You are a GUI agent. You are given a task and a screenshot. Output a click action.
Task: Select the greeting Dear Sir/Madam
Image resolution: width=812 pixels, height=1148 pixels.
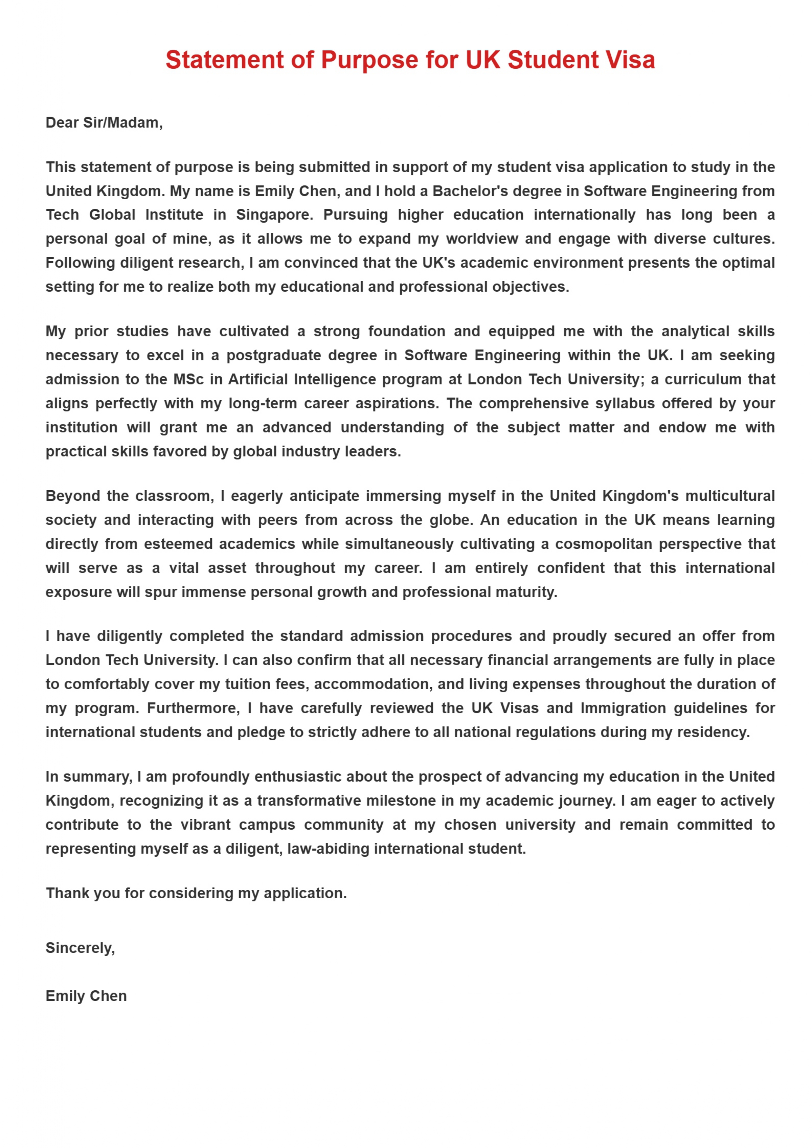(104, 122)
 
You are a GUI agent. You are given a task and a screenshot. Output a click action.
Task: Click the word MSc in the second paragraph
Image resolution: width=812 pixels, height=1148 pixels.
(189, 380)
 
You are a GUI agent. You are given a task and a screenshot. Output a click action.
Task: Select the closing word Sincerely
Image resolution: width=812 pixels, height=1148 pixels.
(80, 948)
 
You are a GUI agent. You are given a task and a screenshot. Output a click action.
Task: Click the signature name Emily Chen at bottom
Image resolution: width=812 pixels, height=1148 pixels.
(86, 996)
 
